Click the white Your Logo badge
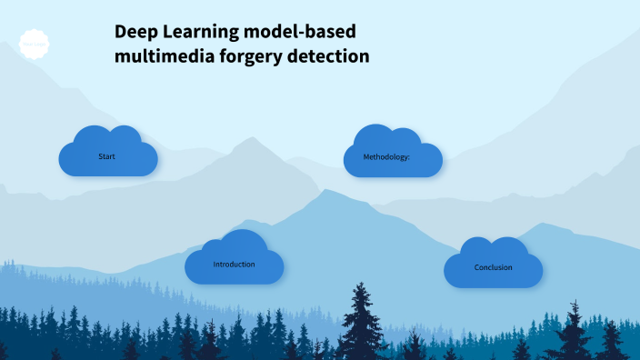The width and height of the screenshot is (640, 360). [x=33, y=43]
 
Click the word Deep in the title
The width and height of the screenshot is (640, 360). [x=135, y=33]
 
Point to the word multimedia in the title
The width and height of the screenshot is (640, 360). [x=160, y=55]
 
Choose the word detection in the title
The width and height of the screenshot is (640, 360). [x=328, y=55]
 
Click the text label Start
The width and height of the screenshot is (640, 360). [x=106, y=157]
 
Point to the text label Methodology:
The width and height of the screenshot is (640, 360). [x=386, y=157]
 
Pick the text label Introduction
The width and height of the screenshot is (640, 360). [x=234, y=265]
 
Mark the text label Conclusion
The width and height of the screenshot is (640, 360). [x=494, y=268]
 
